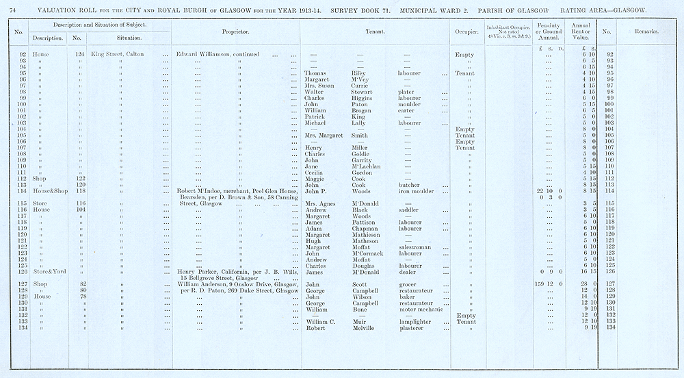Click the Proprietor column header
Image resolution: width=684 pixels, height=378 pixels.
pyautogui.click(x=235, y=32)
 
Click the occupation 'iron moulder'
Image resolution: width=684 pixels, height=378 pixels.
pyautogui.click(x=417, y=191)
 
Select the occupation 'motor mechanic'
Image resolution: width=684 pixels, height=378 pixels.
pyautogui.click(x=421, y=309)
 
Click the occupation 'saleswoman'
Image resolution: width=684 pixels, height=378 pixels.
pyautogui.click(x=417, y=247)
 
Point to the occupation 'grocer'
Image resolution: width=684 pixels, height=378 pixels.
pyautogui.click(x=408, y=284)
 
